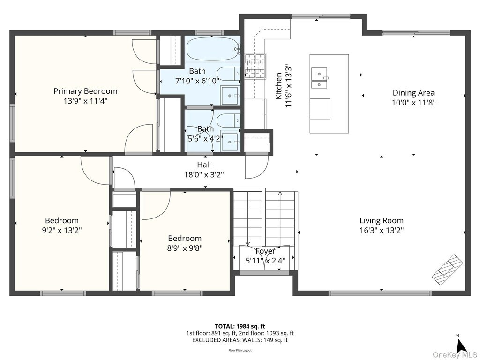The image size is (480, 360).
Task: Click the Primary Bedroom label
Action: tap(85, 91)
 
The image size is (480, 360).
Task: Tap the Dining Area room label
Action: tap(413, 93)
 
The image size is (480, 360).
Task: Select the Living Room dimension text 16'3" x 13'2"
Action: tap(382, 230)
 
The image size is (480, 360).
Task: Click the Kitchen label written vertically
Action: tap(279, 86)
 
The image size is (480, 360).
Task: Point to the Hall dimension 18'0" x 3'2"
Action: tap(204, 175)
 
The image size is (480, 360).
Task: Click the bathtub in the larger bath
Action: tap(213, 49)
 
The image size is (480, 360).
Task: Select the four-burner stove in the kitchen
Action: tap(255, 66)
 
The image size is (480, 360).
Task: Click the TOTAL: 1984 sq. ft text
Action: tap(240, 326)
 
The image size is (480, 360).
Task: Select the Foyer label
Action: tap(265, 251)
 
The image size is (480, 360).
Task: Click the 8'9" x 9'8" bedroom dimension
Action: tap(185, 248)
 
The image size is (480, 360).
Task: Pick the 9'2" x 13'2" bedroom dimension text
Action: tap(62, 230)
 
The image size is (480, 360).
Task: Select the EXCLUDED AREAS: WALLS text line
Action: tap(240, 340)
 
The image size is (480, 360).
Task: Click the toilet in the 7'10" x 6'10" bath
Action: tap(229, 73)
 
